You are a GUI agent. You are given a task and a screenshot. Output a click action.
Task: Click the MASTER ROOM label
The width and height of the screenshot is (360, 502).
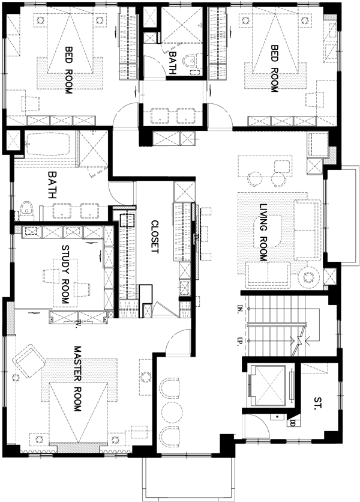(x=77, y=378)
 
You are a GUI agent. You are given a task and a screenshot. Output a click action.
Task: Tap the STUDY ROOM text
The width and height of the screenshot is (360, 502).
(x=65, y=274)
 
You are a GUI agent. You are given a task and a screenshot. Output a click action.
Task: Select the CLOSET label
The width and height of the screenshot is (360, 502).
(x=155, y=237)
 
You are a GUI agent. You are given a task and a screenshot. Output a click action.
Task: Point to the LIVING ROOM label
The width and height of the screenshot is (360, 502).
(x=263, y=232)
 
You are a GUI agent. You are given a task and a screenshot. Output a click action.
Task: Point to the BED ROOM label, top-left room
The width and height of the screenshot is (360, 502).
(x=68, y=70)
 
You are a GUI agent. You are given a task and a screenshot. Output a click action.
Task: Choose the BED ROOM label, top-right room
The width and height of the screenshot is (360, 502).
(x=275, y=68)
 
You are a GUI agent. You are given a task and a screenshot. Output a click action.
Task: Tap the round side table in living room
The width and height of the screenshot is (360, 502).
(x=308, y=277)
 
